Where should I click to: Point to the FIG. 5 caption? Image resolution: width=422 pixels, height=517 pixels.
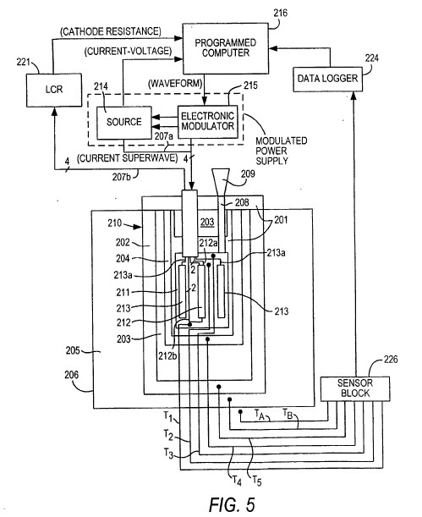(232, 504)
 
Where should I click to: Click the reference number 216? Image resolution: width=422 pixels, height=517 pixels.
(280, 13)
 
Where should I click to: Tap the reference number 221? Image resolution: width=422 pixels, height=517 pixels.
(23, 62)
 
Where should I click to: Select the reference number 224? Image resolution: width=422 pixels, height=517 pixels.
(371, 58)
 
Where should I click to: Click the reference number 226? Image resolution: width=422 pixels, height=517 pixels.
(391, 359)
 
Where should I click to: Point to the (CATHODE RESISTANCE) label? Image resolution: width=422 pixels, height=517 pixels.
(111, 31)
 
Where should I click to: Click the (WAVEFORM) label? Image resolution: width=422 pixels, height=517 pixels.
(175, 84)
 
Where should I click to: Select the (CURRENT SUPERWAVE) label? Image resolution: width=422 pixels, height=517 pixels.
(127, 158)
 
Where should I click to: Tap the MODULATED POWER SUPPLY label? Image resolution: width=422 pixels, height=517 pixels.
(282, 151)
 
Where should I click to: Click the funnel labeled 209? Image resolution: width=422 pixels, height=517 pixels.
(221, 183)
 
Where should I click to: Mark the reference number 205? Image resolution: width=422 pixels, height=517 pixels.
(73, 350)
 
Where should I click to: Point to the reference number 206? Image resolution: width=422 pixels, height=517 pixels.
(72, 375)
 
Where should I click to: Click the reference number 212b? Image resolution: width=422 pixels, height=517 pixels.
(167, 356)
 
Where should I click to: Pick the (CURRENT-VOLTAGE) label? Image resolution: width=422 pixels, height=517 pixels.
(129, 52)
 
